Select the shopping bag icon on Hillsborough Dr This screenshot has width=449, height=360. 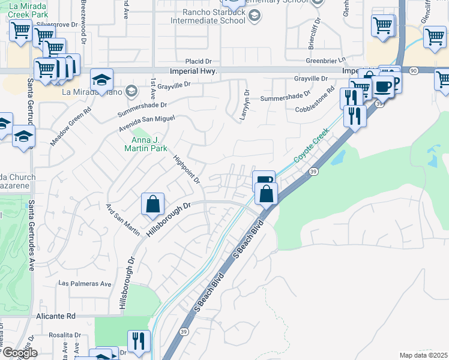[153, 204]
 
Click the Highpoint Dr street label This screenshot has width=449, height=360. [186, 169]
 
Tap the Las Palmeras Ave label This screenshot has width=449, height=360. [85, 283]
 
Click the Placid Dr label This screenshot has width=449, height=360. [199, 61]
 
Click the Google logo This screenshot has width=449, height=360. [19, 353]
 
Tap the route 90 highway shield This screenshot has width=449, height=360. [414, 71]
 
